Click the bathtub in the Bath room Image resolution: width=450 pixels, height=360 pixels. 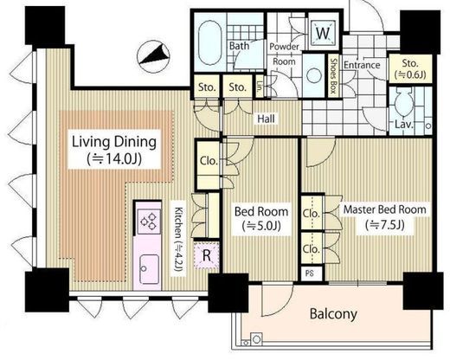209,42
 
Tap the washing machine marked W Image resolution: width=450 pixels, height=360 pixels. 323,33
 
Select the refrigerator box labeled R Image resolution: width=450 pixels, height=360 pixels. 207,255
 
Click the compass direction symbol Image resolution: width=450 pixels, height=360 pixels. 153,56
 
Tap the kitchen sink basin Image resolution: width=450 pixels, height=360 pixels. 149,269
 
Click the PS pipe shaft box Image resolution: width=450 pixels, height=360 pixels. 310,273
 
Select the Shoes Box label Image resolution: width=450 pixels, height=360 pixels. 334,76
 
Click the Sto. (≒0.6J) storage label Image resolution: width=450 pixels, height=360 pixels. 410,69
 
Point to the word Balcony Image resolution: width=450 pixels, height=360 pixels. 333,314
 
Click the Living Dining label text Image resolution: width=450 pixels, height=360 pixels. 114,142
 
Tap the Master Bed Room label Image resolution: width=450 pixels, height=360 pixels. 384,209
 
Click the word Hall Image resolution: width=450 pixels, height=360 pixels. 266,119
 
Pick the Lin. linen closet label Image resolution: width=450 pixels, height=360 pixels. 260,87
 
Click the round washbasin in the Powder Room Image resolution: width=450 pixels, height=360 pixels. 314,76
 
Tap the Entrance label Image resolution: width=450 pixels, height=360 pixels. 362,65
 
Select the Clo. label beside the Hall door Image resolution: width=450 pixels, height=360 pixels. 209,161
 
